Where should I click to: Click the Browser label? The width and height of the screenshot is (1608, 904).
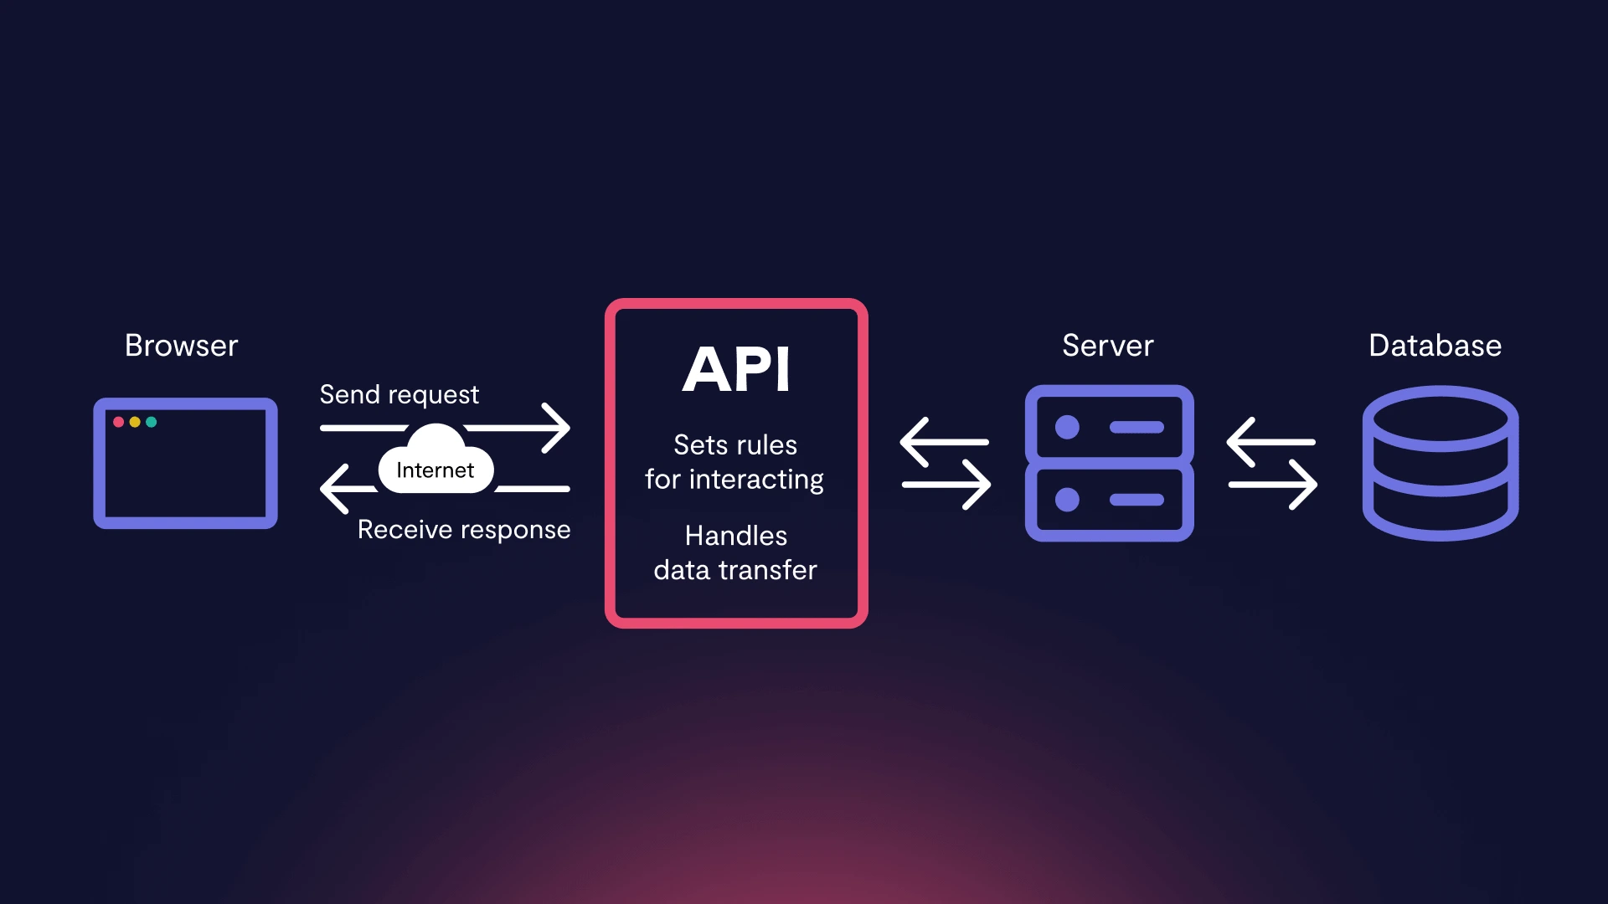[x=181, y=346]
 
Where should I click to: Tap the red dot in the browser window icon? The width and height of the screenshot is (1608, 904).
[x=119, y=422]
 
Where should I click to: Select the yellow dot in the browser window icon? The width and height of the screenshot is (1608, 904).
[x=135, y=422]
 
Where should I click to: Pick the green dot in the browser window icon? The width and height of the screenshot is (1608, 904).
[x=152, y=422]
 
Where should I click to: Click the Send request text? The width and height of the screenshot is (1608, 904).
[x=399, y=394]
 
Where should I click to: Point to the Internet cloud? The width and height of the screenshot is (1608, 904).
[x=435, y=465]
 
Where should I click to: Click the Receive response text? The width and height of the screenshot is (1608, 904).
[x=463, y=530]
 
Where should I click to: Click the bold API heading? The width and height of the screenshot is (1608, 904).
[x=736, y=369]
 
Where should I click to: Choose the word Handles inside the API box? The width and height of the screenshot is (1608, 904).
[x=735, y=536]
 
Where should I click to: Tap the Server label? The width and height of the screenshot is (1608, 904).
[x=1107, y=346]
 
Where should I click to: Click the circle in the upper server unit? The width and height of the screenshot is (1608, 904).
[x=1067, y=427]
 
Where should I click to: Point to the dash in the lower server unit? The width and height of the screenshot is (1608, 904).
[x=1136, y=500]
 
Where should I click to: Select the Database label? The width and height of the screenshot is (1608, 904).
[x=1435, y=346]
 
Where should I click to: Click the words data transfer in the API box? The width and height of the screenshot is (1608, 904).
[x=734, y=570]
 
